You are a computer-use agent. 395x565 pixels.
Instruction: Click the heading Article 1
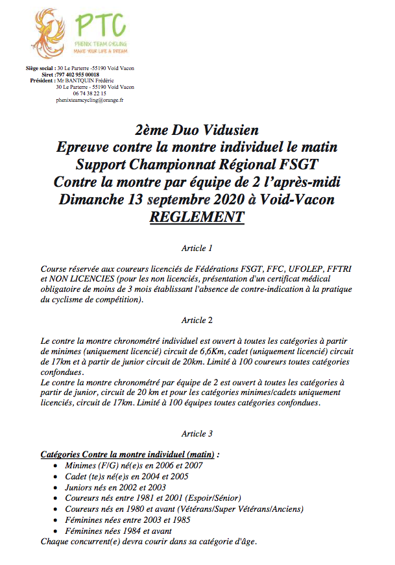[x=197, y=248]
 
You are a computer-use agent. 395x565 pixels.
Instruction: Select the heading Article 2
[x=197, y=320]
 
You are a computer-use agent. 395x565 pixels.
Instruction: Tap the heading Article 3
[x=197, y=433]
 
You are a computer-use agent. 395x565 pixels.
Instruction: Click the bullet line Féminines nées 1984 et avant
[x=121, y=531]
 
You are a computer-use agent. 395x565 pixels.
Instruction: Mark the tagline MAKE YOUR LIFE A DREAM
[x=99, y=50]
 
